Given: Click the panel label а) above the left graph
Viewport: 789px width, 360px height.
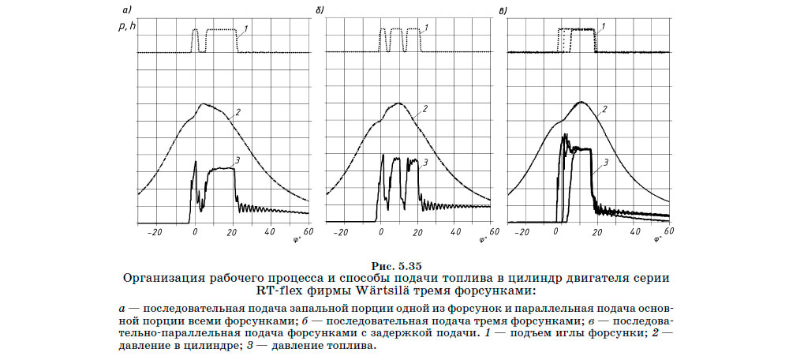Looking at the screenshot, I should pyautogui.click(x=126, y=10).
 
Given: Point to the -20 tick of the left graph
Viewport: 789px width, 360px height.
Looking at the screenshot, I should pyautogui.click(x=154, y=232).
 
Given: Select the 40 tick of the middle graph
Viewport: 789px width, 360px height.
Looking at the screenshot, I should pyautogui.click(x=455, y=232).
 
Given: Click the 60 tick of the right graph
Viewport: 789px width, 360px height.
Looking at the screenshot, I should pyautogui.click(x=670, y=232).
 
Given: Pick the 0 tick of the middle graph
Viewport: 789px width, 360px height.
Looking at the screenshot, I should pyautogui.click(x=380, y=232).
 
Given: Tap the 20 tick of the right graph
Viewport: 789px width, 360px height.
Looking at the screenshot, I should pyautogui.click(x=595, y=232).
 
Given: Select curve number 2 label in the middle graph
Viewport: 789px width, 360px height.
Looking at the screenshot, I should pyautogui.click(x=425, y=108).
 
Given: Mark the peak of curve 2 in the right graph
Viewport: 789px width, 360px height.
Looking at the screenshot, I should pyautogui.click(x=581, y=102).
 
